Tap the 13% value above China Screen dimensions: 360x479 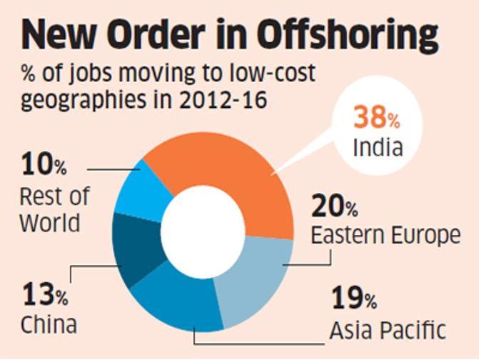(x=44, y=294)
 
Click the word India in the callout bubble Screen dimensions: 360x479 (x=378, y=147)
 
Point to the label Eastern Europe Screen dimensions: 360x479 (x=385, y=234)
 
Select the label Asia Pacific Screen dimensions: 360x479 (x=388, y=329)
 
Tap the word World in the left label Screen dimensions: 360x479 (x=49, y=223)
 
